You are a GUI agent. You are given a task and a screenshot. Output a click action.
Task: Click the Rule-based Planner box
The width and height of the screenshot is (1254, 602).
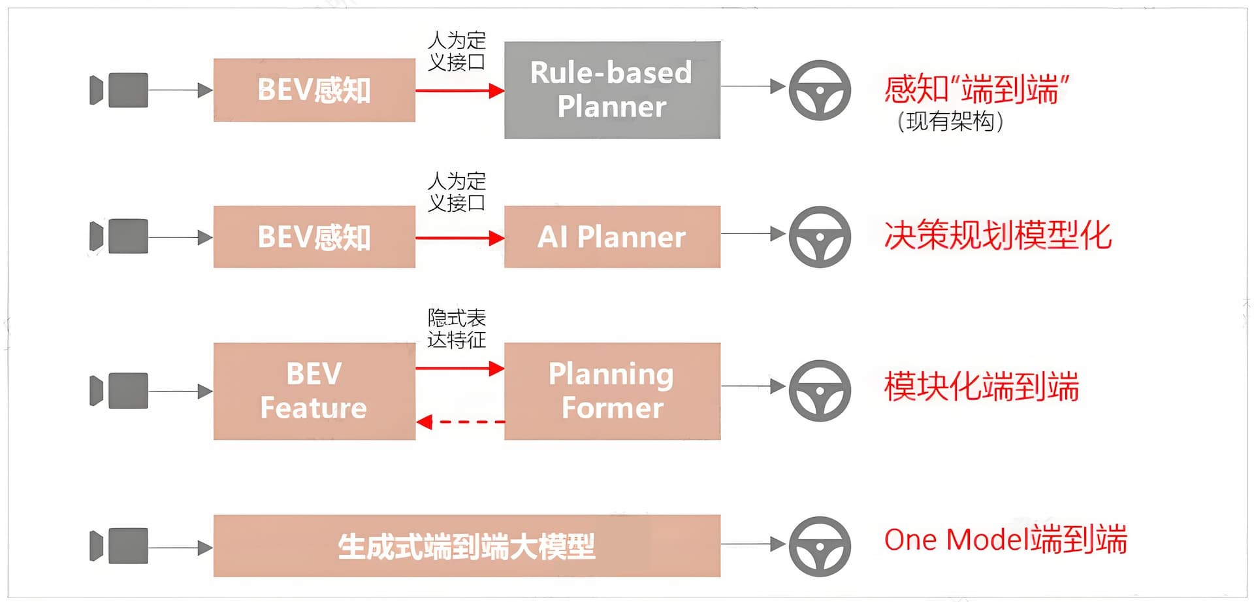coord(612,90)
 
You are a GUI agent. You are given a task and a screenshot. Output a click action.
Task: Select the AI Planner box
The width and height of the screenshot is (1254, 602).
coord(612,237)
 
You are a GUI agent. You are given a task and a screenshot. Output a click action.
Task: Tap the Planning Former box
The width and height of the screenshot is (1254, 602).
coord(612,391)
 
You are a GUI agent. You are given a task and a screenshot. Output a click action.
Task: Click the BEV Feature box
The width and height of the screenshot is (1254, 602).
coord(314,391)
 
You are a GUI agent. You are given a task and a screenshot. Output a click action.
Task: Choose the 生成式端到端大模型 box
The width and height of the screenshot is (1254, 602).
coord(466,546)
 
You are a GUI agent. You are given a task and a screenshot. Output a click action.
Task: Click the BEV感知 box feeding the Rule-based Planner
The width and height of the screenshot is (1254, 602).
coord(314,90)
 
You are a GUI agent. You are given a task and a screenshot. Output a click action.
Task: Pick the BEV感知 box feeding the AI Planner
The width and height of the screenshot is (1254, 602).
coord(314,237)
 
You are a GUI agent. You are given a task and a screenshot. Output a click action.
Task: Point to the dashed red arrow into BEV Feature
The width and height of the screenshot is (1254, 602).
coord(460,422)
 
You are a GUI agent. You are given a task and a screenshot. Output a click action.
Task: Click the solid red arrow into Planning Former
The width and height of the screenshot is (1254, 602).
coord(460,369)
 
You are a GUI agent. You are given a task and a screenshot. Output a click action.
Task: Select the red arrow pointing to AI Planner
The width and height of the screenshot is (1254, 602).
coord(460,238)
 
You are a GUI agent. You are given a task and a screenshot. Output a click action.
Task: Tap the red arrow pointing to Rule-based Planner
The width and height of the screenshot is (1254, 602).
coord(460,91)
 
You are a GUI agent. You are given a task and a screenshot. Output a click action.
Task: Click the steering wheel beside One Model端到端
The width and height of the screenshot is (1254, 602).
coord(820,546)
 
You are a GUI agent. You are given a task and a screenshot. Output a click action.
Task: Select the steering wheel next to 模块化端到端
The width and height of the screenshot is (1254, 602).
coord(820,390)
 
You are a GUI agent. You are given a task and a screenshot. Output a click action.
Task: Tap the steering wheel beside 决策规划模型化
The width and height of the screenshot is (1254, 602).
coord(820,237)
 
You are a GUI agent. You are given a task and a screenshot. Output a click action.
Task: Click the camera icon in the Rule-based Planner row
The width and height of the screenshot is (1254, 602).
coord(119,90)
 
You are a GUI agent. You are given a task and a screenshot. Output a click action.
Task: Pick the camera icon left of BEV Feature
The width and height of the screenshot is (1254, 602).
coord(119,391)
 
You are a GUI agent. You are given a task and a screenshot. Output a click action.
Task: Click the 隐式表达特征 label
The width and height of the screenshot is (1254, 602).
coord(457,329)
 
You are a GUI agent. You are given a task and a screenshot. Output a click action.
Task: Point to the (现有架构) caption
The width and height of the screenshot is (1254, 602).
coord(950,122)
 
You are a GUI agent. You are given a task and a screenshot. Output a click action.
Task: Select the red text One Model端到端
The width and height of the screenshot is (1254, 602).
coord(1005,540)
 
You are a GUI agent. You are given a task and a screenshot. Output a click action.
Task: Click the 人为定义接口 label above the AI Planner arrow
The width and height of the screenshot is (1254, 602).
coord(457,192)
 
